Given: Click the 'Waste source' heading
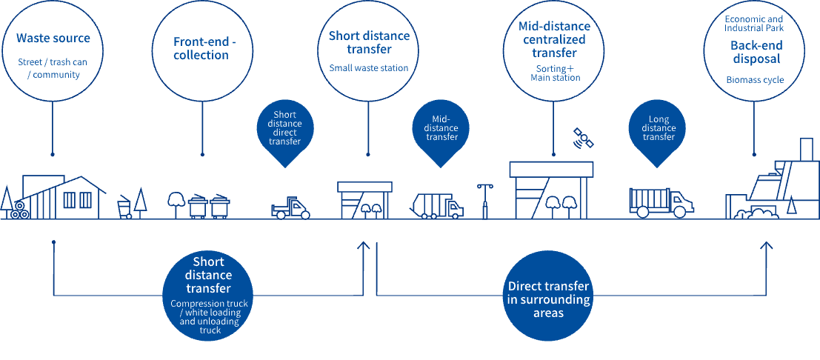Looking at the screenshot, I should (53, 38).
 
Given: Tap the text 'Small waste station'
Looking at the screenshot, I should (369, 68).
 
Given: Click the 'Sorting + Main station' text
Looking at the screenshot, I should (556, 73).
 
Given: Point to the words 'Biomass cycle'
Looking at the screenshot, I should (753, 80).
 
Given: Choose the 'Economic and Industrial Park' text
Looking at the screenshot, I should (753, 23).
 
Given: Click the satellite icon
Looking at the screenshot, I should (583, 137).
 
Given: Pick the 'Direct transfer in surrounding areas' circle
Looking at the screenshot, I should (549, 299).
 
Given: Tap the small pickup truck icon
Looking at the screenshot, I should (290, 208).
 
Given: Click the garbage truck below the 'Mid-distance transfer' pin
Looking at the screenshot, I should (436, 205).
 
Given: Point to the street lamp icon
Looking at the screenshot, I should (485, 200).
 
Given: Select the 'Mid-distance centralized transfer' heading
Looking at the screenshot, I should (555, 40).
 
